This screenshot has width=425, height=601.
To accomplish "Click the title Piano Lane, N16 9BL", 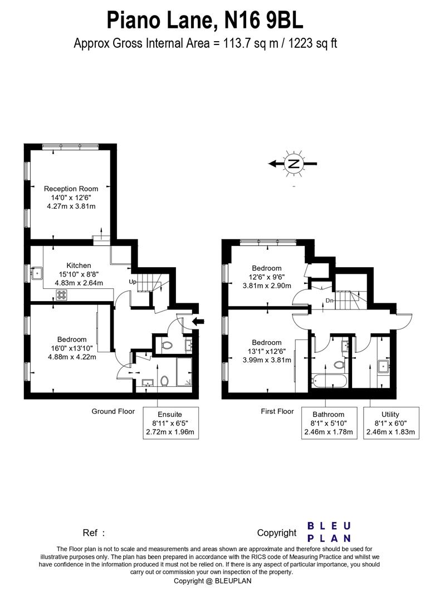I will (x=205, y=21).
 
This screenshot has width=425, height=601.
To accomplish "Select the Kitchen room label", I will (x=79, y=265).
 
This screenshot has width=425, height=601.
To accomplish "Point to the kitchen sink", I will (x=38, y=273).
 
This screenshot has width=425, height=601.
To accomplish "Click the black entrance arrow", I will (x=198, y=321).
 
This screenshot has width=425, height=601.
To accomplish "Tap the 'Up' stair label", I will (x=133, y=282).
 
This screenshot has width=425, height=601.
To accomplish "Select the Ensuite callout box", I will (x=170, y=423).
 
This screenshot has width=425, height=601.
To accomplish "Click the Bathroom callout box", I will (x=329, y=423).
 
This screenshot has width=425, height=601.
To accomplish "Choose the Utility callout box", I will (x=390, y=423).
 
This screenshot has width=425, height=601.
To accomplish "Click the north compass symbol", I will (x=293, y=164).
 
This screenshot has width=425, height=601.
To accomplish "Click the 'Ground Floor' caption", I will (x=113, y=412).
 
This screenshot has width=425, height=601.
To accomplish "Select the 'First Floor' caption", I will (x=277, y=412).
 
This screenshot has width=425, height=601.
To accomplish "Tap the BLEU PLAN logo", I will (x=329, y=532).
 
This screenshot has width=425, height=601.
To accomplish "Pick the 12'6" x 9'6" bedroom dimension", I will (x=266, y=277).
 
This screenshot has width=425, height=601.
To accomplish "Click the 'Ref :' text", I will (x=94, y=533).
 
